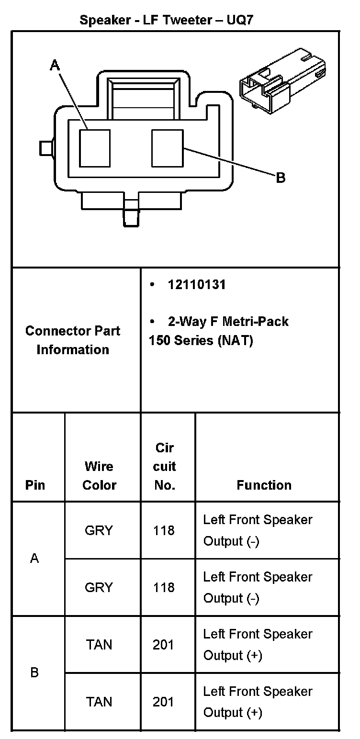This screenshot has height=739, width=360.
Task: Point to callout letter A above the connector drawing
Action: coord(55,65)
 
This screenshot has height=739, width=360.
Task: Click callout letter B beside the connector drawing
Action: coord(281,178)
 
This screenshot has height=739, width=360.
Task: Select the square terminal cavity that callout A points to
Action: coord(95,148)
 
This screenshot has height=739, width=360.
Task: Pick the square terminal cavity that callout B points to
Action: coord(168,148)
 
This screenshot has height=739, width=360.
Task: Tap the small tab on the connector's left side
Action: coord(46,148)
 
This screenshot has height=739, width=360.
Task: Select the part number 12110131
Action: coord(196,285)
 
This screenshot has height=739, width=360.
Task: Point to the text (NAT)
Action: coord(235,341)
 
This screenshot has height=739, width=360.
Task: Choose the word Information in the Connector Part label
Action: coord(73,349)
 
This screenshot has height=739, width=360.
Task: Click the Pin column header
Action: coord(35,485)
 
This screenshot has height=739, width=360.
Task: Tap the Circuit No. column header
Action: coord(164,467)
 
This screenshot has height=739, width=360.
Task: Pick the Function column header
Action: coord(264,485)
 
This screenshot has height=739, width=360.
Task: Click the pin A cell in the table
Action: coord(34,559)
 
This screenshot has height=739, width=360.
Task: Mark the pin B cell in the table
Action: coord(34,672)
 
